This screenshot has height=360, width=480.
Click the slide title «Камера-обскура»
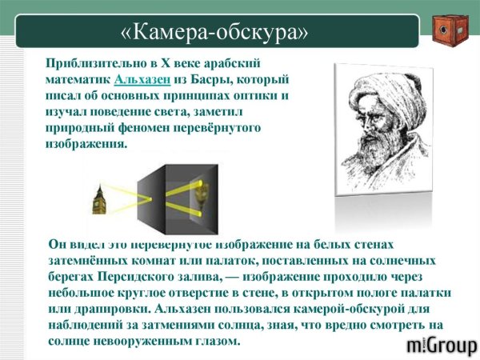point(214,32)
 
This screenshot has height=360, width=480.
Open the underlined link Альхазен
point(142,79)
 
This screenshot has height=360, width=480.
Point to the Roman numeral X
point(166,63)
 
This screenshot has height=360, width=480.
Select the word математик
point(78,79)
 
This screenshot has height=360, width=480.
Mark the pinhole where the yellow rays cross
point(150,199)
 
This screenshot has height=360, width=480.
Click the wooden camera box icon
point(450,30)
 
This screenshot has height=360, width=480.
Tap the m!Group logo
point(442,346)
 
